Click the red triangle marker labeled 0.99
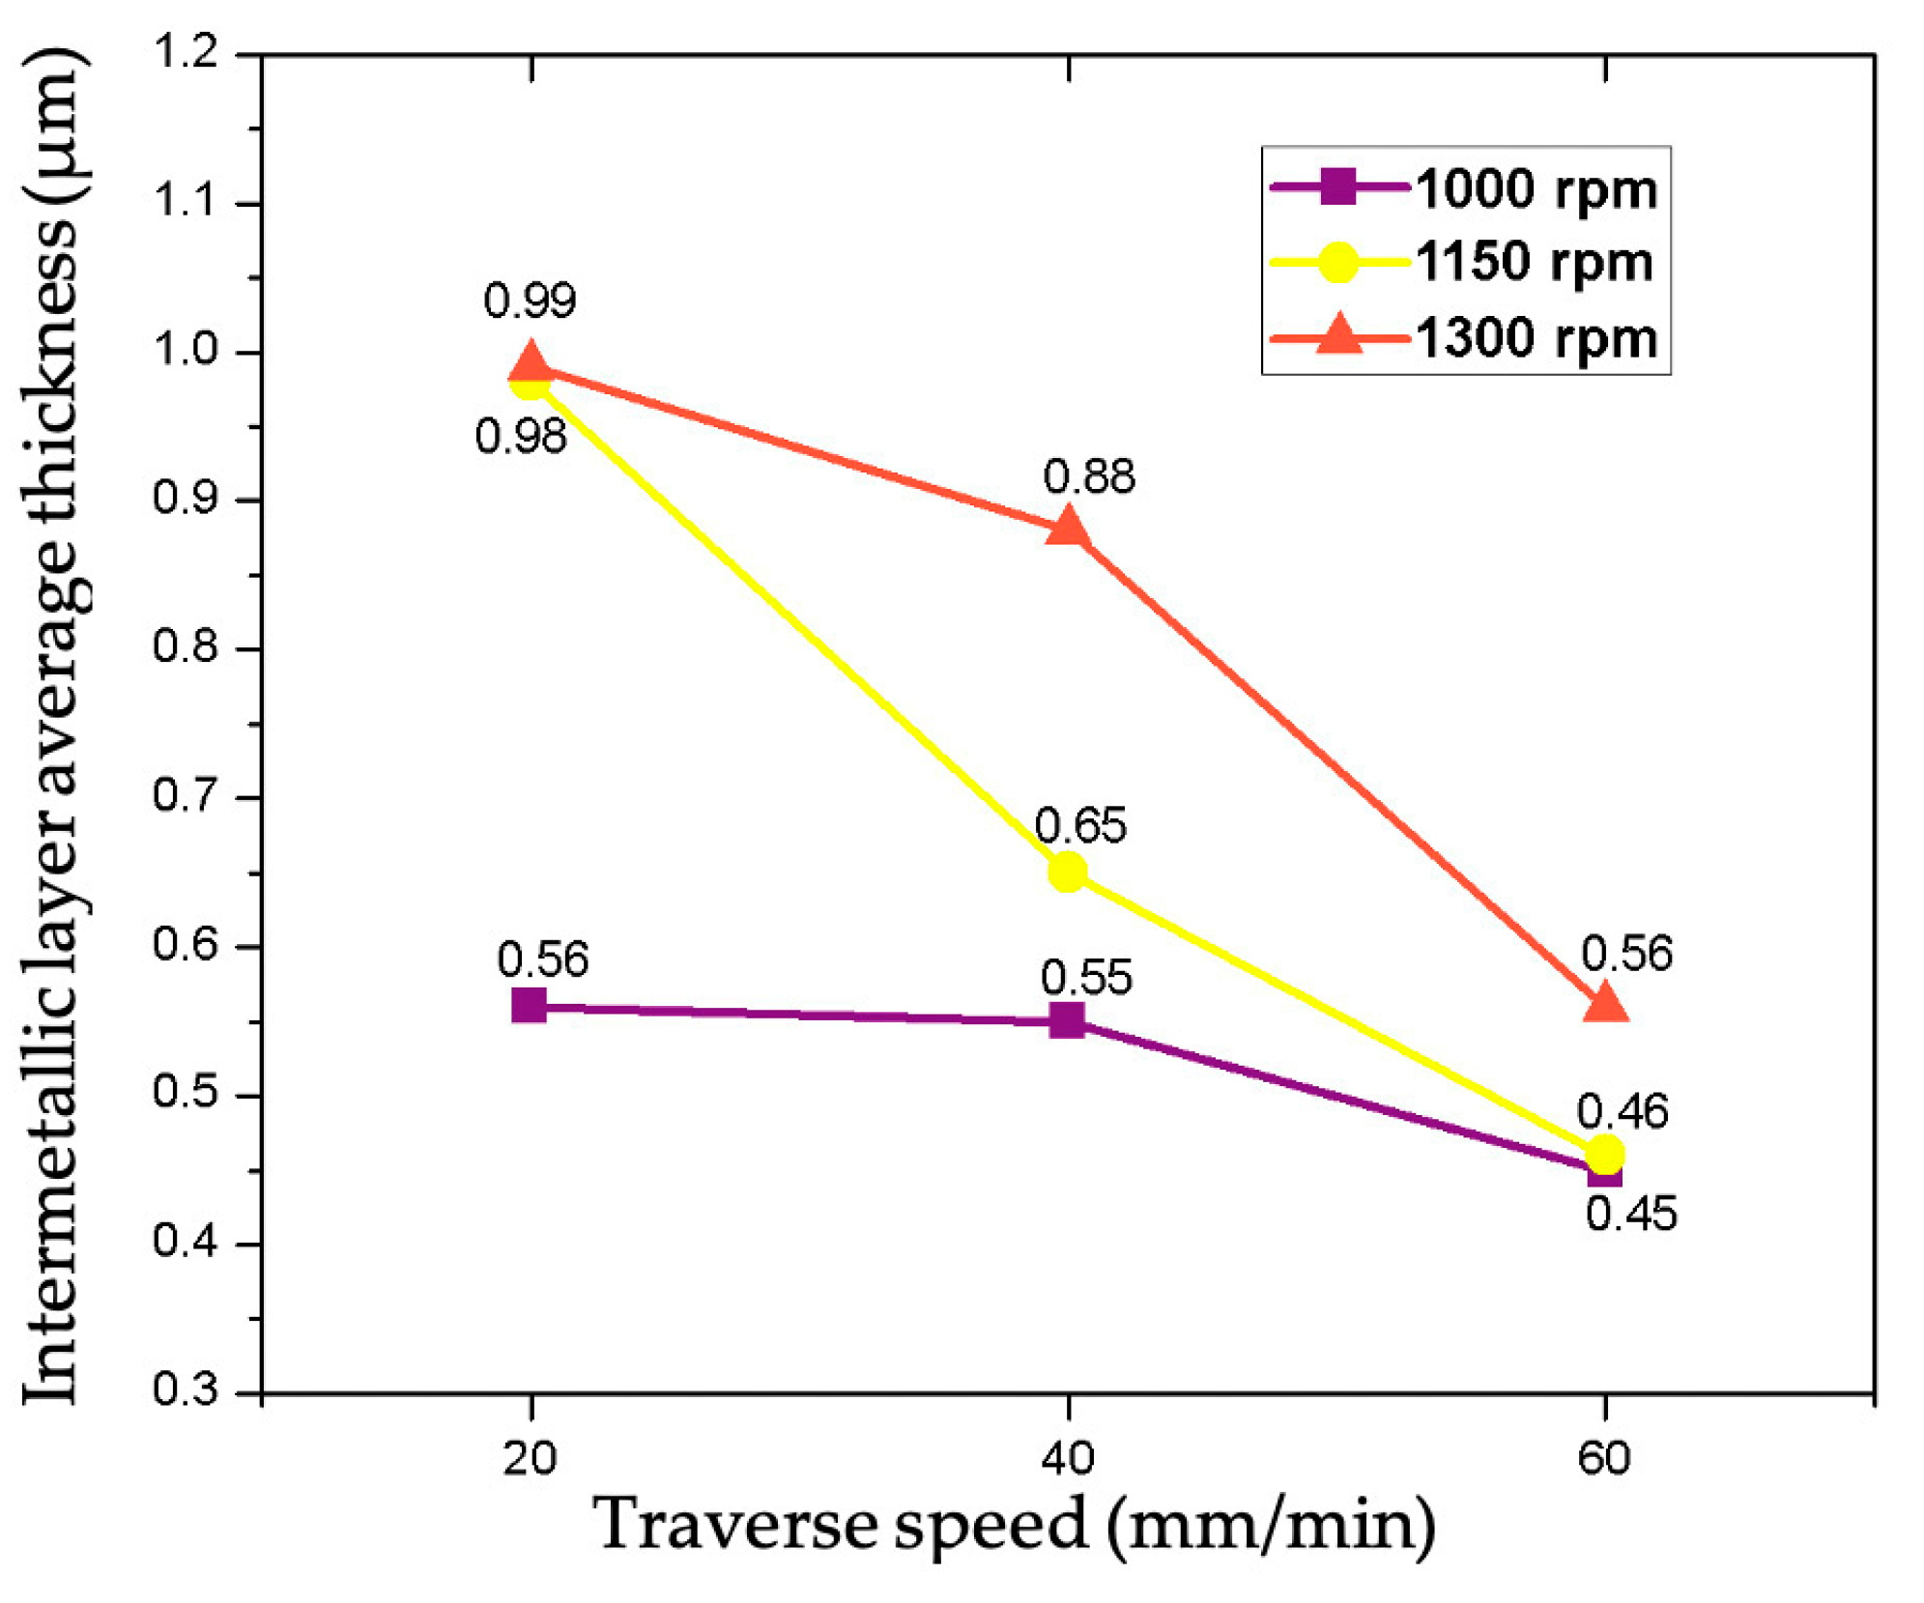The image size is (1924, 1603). coord(530,364)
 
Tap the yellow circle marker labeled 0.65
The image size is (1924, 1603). coord(1067,872)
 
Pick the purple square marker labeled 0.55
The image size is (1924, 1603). coord(1067,1020)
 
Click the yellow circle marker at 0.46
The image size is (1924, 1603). coord(1605,1154)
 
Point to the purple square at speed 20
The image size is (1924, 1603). coord(529,1006)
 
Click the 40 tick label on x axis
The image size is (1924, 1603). coord(1067,1457)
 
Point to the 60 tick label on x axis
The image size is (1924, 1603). coord(1604,1457)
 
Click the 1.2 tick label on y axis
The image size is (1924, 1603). coord(187,52)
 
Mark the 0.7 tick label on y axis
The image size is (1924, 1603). coord(186,796)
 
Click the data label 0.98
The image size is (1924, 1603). coord(520,437)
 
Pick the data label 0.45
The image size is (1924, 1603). coord(1631,1214)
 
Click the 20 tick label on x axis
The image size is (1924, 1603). coord(530,1457)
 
